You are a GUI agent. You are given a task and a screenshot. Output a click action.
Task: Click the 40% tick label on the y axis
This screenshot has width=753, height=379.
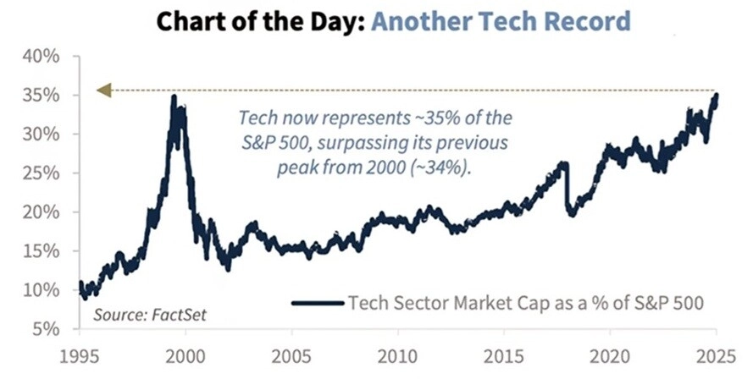42,57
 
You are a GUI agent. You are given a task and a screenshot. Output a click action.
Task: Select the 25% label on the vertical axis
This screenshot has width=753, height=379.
42,173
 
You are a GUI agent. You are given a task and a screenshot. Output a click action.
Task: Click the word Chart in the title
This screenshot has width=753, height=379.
185,21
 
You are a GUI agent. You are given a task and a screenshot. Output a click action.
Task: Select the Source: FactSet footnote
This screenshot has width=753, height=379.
149,315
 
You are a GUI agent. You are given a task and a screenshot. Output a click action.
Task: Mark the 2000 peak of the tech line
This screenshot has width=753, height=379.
174,97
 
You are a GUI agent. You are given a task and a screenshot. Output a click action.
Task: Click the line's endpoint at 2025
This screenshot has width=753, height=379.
716,96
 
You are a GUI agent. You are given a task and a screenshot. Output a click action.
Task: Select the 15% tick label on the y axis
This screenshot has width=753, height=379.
42,251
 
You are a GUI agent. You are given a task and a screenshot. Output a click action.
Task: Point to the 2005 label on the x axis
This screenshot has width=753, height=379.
292,354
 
